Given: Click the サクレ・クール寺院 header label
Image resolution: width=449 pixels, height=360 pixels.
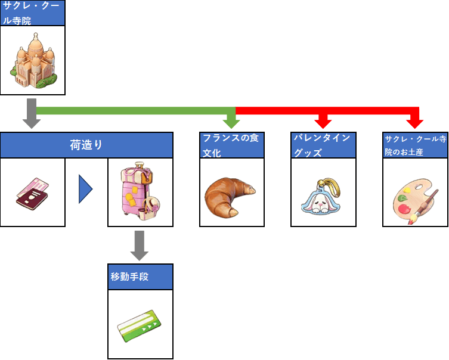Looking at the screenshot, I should [32, 13].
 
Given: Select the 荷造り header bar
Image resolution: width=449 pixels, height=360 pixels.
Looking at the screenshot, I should [86, 145].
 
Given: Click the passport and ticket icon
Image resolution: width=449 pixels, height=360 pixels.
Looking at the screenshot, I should [32, 192].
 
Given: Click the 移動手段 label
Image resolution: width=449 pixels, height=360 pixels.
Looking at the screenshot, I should [140, 277].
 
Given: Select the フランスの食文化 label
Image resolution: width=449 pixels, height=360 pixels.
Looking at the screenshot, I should [231, 145].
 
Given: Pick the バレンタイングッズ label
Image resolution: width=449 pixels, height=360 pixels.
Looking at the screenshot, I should [323, 145].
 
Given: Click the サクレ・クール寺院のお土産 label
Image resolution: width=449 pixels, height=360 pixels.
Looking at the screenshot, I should [415, 145].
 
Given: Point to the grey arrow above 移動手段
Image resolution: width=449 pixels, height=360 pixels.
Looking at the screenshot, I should [139, 246].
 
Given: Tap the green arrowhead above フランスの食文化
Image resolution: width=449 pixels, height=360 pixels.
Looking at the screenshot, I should [231, 122].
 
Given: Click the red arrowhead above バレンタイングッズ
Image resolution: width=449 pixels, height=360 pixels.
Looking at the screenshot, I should [323, 122].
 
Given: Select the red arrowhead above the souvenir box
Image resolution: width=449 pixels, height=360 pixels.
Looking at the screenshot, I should [414, 122].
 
